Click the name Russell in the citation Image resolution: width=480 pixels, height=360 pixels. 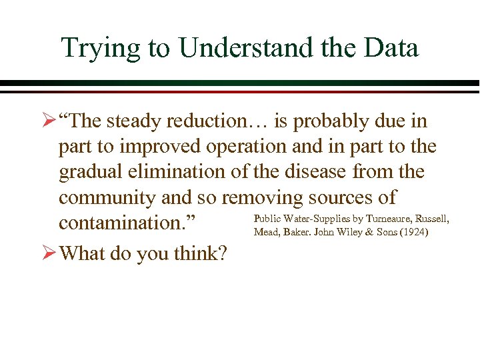[433, 219]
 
